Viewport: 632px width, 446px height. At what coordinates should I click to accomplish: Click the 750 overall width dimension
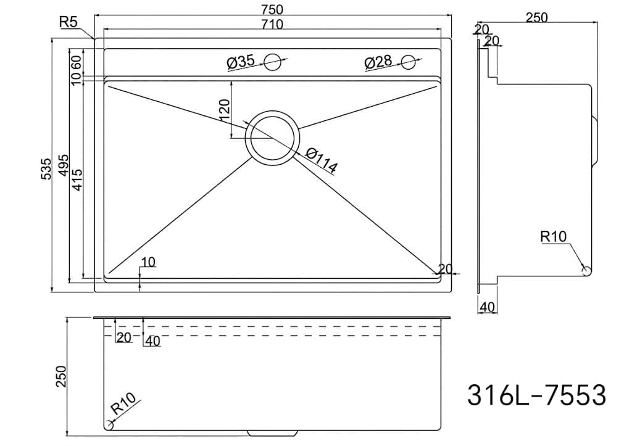272,9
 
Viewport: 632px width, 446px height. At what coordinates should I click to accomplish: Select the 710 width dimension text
272,25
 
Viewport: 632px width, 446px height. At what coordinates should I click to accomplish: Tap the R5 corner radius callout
68,22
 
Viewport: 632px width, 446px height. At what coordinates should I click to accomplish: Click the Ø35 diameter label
241,62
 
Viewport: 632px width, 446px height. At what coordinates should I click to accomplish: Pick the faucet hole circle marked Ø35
272,62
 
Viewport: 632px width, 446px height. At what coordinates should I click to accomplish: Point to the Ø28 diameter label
378,62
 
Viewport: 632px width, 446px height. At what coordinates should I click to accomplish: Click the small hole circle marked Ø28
409,62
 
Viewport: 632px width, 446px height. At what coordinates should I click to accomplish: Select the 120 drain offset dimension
224,109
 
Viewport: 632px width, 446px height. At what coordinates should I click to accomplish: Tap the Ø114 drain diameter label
321,160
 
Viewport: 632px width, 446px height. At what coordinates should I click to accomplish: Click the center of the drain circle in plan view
272,137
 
